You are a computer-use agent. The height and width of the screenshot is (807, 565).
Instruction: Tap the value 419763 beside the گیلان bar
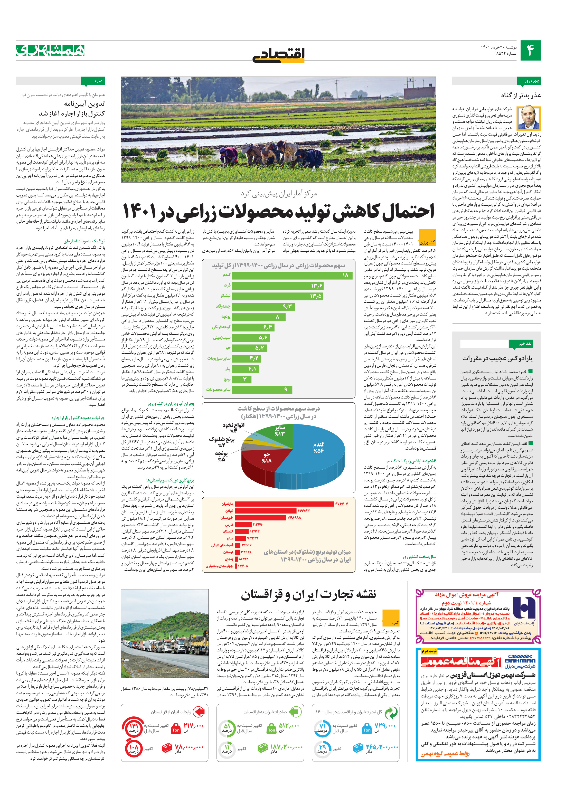coord(303,511)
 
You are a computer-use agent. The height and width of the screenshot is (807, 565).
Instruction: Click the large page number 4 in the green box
coord(530,51)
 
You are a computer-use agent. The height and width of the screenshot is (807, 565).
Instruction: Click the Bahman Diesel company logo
coord(519,662)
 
